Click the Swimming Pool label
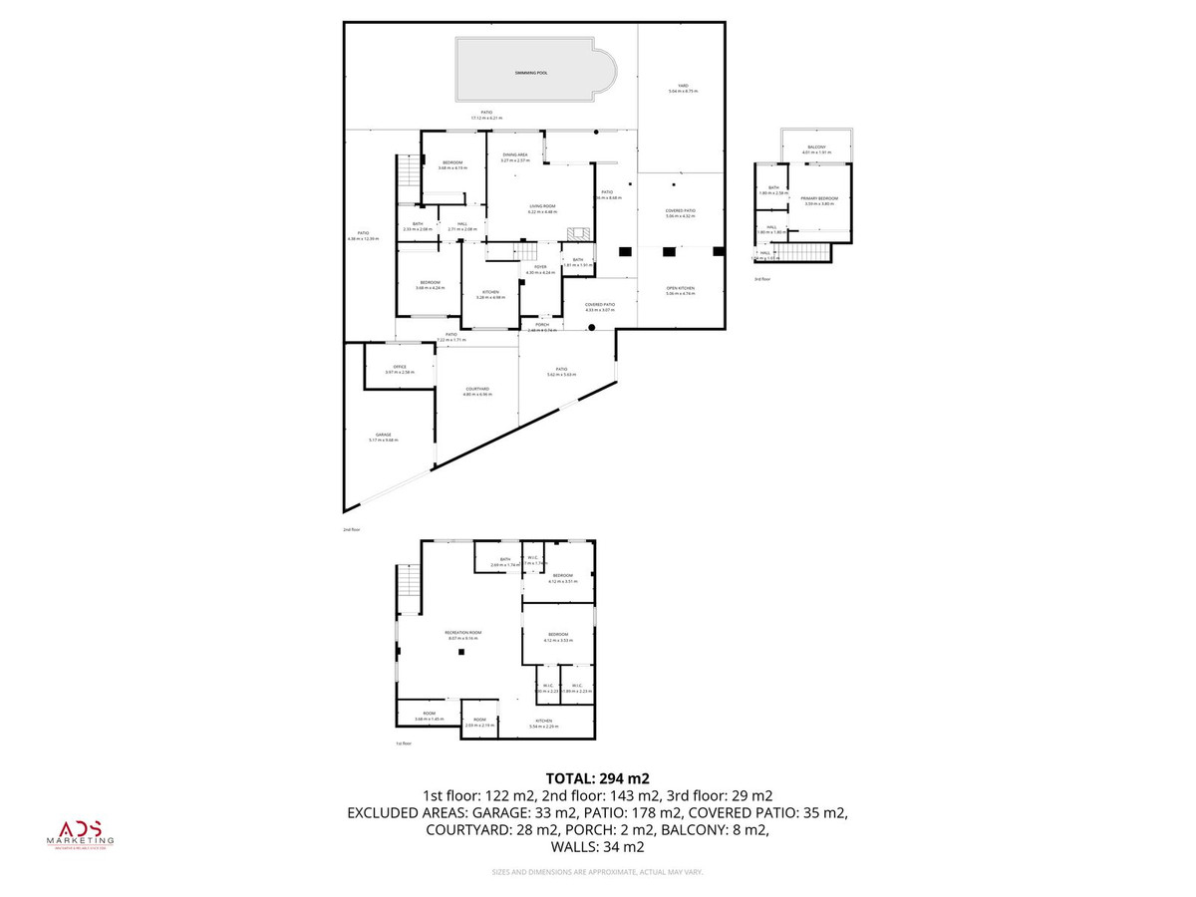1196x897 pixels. (531, 73)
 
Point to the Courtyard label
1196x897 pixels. (476, 390)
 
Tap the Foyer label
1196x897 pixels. (541, 266)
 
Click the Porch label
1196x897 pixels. (542, 325)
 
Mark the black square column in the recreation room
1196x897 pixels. (461, 653)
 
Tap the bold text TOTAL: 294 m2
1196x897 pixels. (597, 778)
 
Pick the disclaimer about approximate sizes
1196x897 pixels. (597, 872)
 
